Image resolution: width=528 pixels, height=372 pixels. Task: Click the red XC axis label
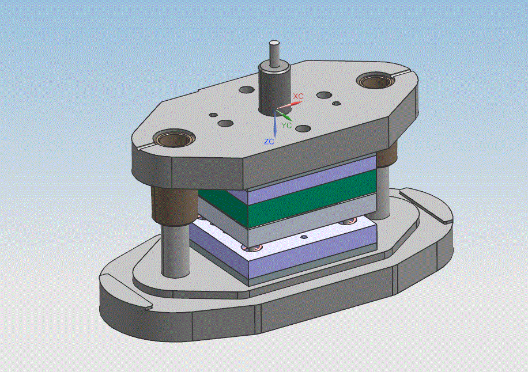tap(298, 96)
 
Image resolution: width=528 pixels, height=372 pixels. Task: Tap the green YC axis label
tap(286, 125)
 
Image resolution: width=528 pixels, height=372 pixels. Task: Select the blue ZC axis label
tap(269, 142)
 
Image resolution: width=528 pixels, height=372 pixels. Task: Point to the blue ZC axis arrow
tap(275, 124)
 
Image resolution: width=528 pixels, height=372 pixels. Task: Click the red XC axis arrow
tap(289, 106)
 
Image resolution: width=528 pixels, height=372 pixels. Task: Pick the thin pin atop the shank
tap(274, 53)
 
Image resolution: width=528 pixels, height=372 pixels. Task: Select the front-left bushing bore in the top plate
tap(174, 139)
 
